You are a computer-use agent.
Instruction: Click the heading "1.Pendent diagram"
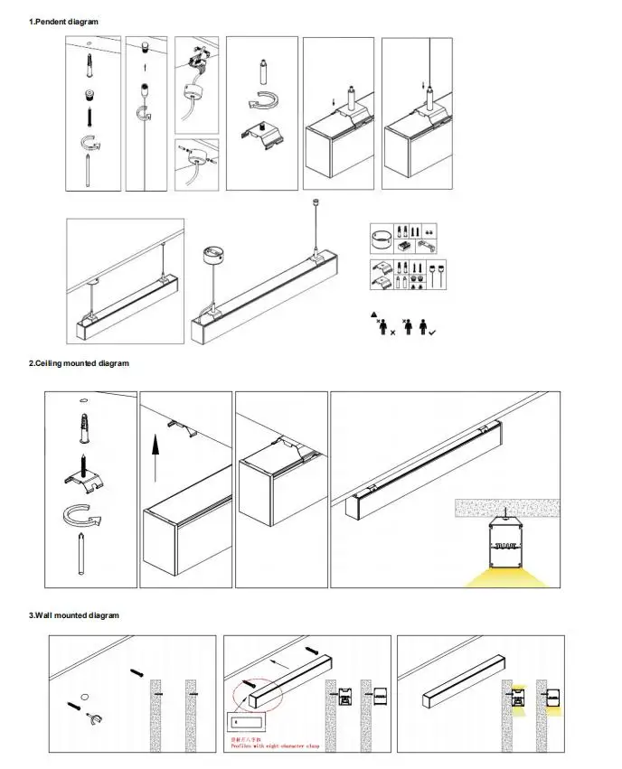click(x=64, y=21)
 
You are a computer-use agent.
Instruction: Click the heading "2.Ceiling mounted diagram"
click(x=79, y=363)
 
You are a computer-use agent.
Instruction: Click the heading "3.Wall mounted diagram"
click(x=74, y=615)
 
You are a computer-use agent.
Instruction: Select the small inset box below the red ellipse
click(x=247, y=724)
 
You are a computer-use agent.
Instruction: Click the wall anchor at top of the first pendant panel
click(x=90, y=62)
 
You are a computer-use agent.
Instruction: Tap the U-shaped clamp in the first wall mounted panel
click(x=91, y=719)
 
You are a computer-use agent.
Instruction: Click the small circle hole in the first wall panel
click(x=82, y=697)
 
